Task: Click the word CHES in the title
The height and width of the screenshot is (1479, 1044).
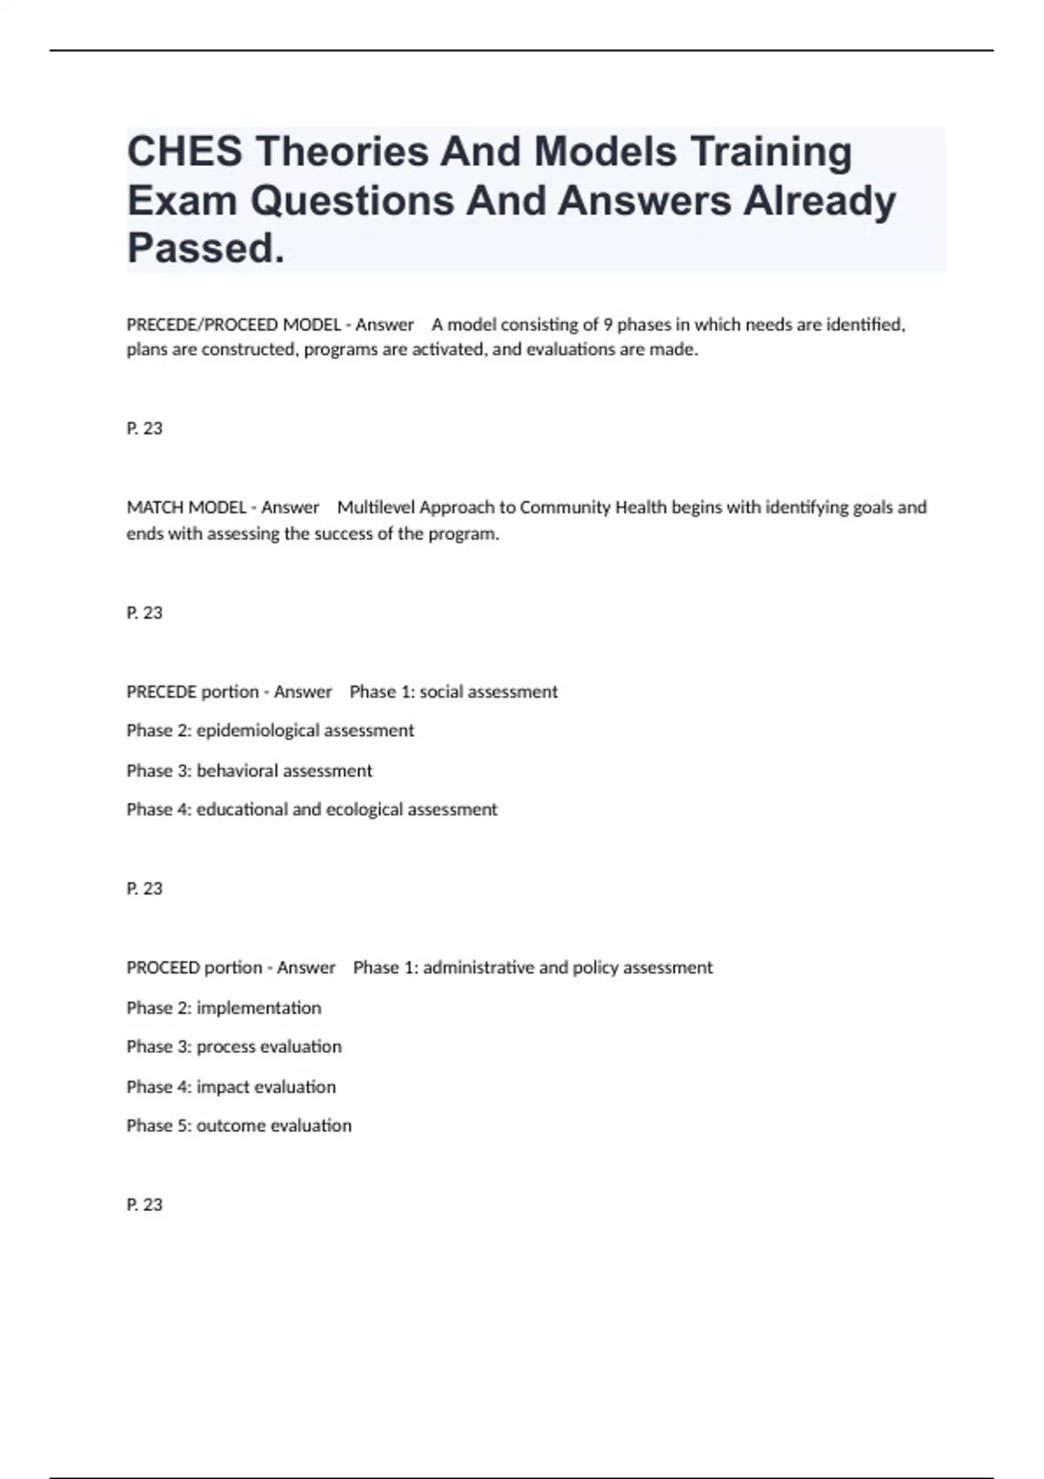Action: click(184, 152)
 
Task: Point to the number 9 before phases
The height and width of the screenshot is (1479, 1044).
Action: click(607, 325)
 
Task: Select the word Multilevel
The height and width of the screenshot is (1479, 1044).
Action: click(376, 507)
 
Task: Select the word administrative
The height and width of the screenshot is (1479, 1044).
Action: click(478, 967)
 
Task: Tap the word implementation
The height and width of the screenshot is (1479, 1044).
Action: click(258, 1007)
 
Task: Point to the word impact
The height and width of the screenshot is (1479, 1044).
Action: click(222, 1087)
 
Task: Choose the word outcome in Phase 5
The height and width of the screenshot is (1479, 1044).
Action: click(231, 1126)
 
